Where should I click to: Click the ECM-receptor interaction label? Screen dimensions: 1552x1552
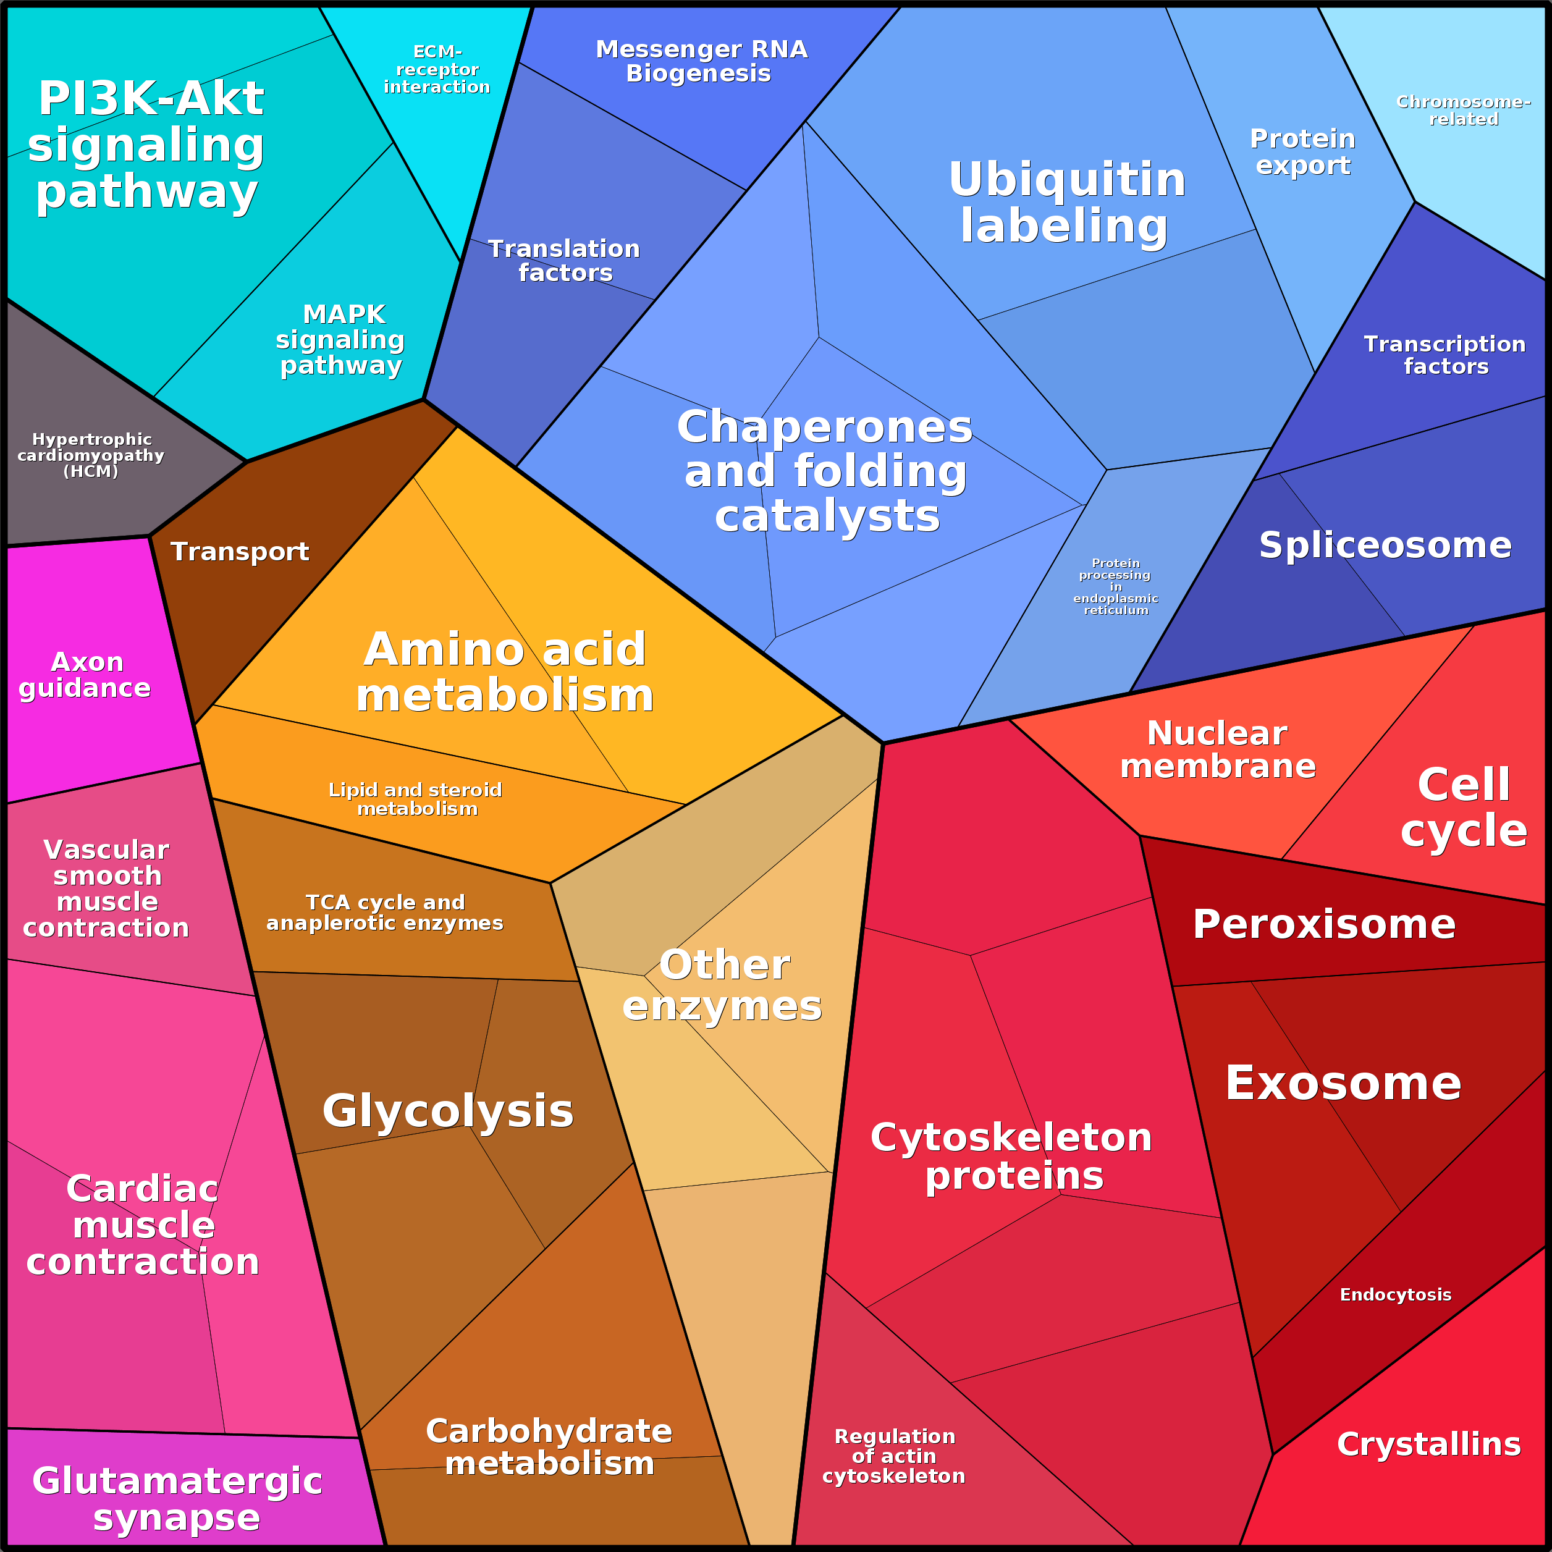[437, 69]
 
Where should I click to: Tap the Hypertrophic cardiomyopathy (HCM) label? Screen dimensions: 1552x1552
[91, 455]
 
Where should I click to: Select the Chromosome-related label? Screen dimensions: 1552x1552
[1464, 110]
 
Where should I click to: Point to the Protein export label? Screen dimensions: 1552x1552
[1303, 152]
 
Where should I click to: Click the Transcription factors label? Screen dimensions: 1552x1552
[1445, 355]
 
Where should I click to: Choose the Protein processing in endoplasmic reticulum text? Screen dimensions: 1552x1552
[1116, 586]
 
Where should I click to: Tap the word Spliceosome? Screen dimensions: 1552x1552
[1385, 546]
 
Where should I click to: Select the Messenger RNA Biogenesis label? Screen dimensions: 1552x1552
[701, 61]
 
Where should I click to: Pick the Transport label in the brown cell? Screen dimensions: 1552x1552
[239, 552]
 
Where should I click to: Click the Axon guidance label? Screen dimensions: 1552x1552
[85, 675]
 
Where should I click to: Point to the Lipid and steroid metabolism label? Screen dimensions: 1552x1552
[416, 799]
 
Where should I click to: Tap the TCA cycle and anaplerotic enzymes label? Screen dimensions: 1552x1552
[385, 913]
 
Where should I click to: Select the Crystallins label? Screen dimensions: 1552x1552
[1428, 1444]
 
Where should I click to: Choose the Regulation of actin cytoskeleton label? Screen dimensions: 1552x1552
[893, 1456]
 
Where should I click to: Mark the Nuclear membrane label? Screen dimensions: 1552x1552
[1218, 749]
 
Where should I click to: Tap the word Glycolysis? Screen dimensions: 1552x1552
[447, 1111]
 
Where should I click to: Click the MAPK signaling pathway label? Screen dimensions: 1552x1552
[340, 340]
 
